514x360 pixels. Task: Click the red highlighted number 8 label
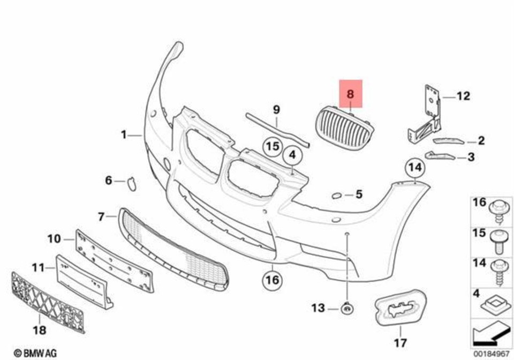(351, 94)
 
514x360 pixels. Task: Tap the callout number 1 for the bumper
(124, 135)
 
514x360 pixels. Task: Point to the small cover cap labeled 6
(130, 184)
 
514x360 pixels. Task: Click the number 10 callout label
(54, 239)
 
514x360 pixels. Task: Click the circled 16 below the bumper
(272, 280)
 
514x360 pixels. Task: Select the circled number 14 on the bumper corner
(414, 169)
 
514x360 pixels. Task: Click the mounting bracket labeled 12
(426, 115)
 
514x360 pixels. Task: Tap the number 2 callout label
(480, 141)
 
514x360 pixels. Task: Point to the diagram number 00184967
(489, 353)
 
